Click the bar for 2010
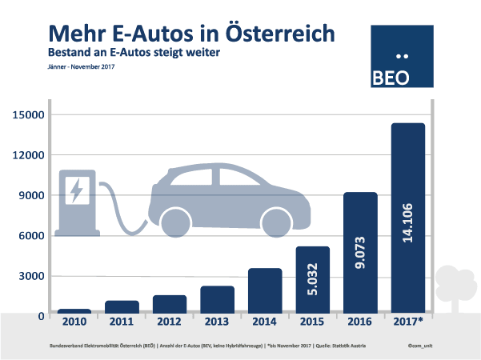point(74,311)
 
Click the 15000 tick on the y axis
point(26,114)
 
